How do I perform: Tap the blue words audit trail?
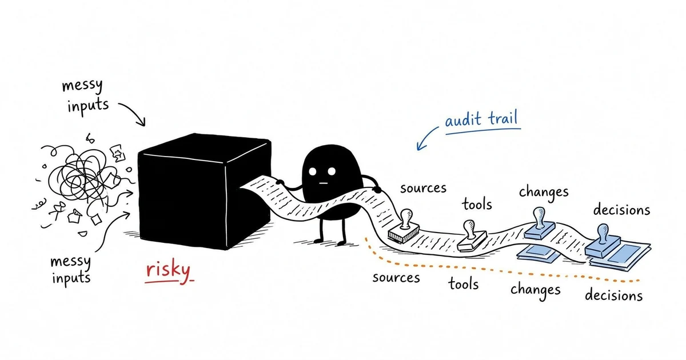click(x=481, y=119)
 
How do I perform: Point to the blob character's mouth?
click(x=323, y=183)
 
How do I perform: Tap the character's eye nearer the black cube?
click(x=312, y=171)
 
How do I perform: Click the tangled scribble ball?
click(x=81, y=178)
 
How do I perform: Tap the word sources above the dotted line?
click(x=423, y=188)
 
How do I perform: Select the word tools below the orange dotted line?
click(x=464, y=284)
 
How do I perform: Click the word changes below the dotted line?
click(x=535, y=290)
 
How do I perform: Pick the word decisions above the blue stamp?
click(x=622, y=210)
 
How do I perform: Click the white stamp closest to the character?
click(x=404, y=226)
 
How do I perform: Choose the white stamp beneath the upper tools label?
click(x=472, y=236)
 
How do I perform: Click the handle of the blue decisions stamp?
click(x=603, y=233)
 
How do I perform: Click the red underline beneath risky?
click(x=169, y=281)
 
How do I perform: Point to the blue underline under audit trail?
click(x=483, y=131)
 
